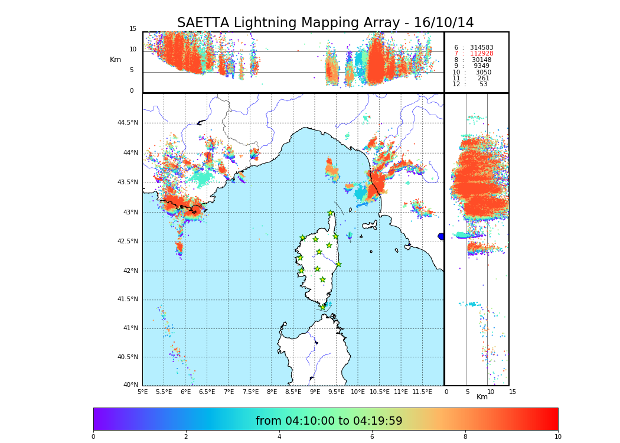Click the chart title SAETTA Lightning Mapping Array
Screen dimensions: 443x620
pos(325,23)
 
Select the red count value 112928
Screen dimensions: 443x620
pos(481,54)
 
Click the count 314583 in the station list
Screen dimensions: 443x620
pos(481,47)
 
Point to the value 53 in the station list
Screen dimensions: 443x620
pos(483,84)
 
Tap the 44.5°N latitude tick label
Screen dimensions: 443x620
pos(128,123)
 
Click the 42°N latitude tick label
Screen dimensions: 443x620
pos(129,271)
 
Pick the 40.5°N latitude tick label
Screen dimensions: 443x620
pos(128,357)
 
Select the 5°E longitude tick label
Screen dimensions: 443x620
pos(143,392)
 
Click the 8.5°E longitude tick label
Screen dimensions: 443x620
pos(293,392)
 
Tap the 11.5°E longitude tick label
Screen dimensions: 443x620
pos(423,392)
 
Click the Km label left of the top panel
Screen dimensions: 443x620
pos(115,60)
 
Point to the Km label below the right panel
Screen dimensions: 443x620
pos(482,397)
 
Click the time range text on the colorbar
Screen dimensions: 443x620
pos(329,421)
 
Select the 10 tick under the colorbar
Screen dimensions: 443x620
pos(557,437)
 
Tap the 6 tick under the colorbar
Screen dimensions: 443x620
pos(372,437)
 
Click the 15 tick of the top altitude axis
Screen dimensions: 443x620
pos(133,29)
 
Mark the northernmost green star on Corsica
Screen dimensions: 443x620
pos(331,213)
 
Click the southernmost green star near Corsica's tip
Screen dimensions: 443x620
pos(323,307)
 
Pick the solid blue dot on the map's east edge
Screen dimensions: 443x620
pos(441,236)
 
